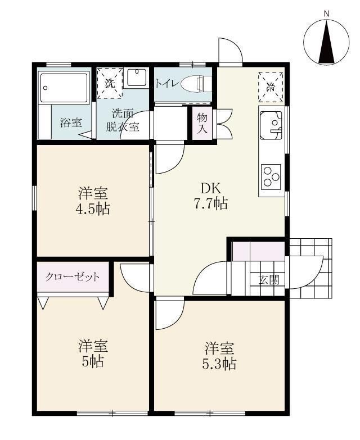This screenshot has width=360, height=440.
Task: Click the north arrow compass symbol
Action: (326, 42)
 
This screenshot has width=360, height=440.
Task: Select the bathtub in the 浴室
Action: (64, 87)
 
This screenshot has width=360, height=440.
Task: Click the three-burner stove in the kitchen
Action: (271, 176)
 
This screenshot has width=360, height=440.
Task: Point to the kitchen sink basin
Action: (271, 125)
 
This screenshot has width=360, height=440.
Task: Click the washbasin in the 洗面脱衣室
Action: (137, 78)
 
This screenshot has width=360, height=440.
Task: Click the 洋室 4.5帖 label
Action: (93, 201)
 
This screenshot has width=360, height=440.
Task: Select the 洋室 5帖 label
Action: (93, 353)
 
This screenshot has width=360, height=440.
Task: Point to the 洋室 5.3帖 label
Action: (219, 356)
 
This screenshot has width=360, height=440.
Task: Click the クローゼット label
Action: (73, 277)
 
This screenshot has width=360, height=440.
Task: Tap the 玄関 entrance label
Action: (269, 279)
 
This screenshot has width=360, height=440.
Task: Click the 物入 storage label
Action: (202, 123)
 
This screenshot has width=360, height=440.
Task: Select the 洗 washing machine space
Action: (110, 83)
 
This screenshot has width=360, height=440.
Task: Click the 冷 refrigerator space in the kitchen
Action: (271, 87)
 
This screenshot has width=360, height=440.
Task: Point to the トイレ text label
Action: (167, 84)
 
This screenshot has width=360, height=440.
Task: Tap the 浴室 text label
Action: (71, 123)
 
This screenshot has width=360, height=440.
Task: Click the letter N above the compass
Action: (327, 13)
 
